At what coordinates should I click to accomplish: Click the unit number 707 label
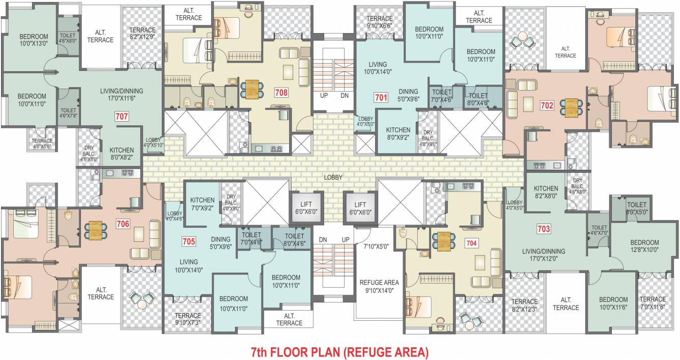point(122,116)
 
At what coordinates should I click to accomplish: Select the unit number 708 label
point(280,93)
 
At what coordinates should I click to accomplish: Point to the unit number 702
point(547,106)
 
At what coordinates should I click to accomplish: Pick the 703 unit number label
point(544,229)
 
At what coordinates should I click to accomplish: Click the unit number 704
point(471,243)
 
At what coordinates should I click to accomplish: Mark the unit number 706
point(123,224)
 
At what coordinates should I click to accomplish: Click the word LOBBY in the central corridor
point(333,177)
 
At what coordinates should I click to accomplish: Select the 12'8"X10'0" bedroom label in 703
point(644,246)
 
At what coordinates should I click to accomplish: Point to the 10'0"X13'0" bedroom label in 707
point(34,40)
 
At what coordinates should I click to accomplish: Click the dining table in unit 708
point(252,90)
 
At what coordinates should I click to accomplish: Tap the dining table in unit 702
point(572,107)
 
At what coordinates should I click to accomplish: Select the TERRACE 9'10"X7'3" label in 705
point(188,319)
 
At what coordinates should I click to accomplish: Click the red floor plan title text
point(340,351)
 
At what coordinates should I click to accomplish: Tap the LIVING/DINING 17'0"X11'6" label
point(122,95)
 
